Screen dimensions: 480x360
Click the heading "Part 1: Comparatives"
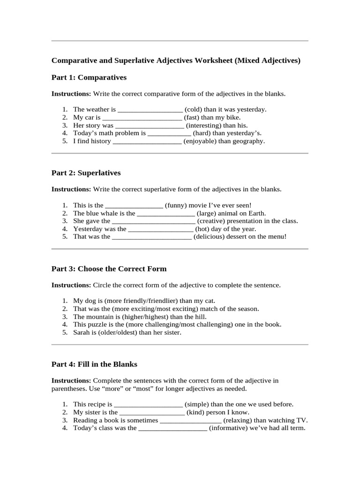(89, 77)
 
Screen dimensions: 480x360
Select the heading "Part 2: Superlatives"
(86, 173)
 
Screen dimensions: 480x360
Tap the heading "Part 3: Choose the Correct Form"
(109, 269)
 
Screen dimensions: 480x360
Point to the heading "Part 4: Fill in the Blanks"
(94, 364)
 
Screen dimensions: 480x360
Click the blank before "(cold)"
(150, 110)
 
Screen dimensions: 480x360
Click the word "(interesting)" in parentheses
(203, 126)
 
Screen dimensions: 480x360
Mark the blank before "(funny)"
(134, 205)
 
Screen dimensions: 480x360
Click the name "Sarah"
(82, 333)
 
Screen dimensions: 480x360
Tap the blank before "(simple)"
(149, 405)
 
